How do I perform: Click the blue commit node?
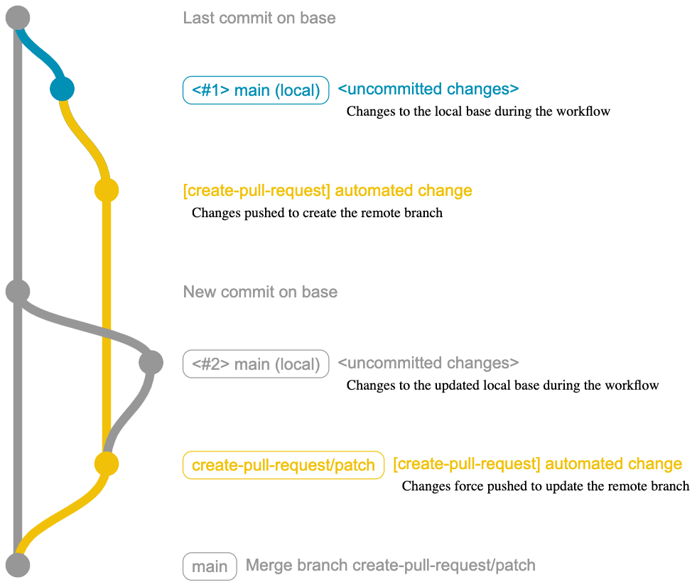(62, 89)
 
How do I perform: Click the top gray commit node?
(17, 18)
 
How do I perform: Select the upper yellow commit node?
(106, 190)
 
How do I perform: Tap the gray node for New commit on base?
(17, 291)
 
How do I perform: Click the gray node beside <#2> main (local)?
(151, 363)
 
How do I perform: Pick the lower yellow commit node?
(106, 464)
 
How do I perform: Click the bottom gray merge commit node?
(17, 565)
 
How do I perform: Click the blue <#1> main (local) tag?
(256, 90)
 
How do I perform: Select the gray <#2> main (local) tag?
(256, 364)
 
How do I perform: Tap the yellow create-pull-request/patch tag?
(283, 465)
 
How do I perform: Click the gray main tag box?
(210, 566)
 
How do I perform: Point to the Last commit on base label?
(259, 18)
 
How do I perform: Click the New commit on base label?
(260, 292)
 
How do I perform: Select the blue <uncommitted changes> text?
(428, 89)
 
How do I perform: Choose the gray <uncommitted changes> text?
(428, 363)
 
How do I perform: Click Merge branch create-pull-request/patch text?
(390, 566)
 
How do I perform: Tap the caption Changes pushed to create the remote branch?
(317, 212)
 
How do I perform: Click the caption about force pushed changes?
(545, 486)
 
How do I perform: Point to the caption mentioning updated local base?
(502, 385)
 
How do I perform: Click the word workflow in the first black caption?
(585, 111)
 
